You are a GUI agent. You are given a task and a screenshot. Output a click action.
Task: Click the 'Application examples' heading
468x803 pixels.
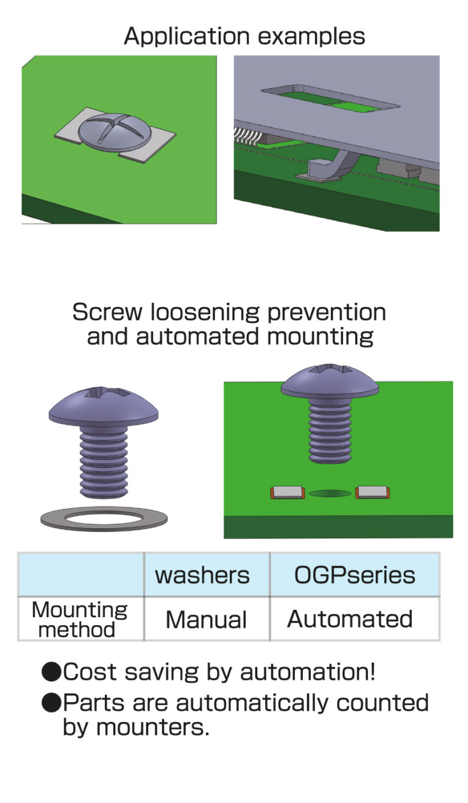(x=244, y=37)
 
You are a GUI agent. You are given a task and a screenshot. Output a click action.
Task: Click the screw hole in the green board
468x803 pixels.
(x=330, y=493)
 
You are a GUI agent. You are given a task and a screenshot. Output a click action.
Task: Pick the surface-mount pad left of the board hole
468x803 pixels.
(x=288, y=492)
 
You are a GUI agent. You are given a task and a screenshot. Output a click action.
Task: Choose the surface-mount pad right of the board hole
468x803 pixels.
(x=372, y=492)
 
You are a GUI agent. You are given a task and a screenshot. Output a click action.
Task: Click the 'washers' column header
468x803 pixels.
(x=202, y=575)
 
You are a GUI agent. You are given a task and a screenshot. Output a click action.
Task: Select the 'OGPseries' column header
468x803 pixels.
(x=355, y=576)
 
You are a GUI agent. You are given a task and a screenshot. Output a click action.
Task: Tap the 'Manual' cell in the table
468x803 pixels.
(x=206, y=620)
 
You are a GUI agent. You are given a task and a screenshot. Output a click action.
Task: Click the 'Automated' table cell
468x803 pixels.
(x=350, y=619)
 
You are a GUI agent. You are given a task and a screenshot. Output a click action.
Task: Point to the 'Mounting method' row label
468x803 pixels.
(x=80, y=619)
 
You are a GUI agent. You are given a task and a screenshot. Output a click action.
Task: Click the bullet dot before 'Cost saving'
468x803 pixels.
(x=51, y=672)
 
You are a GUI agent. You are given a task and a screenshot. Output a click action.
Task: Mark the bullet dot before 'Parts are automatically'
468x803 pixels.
(x=51, y=703)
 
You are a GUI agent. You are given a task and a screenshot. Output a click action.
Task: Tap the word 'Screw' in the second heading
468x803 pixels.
(x=107, y=312)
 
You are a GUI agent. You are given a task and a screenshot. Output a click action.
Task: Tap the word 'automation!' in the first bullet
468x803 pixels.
(x=308, y=672)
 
